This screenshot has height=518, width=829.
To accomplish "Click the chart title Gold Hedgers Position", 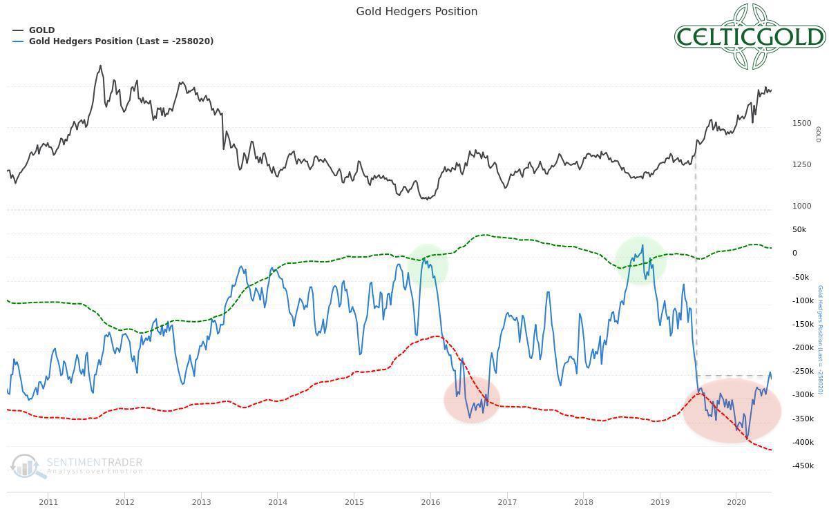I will [x=417, y=12].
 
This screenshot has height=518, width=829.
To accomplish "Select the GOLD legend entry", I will [x=41, y=30].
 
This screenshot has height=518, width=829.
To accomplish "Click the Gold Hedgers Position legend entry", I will [x=121, y=41].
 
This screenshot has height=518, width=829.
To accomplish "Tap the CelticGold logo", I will [x=750, y=37].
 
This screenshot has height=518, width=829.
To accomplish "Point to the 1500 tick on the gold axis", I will [x=802, y=123].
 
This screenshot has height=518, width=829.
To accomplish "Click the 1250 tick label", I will [x=802, y=164].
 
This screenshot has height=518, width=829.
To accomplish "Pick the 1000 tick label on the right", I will [x=802, y=206].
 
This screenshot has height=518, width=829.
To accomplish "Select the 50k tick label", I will [x=799, y=229].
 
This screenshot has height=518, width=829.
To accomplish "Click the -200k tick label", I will [x=803, y=347].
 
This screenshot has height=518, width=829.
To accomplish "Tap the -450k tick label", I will [x=803, y=466].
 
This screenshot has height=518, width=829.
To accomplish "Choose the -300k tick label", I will [x=803, y=394].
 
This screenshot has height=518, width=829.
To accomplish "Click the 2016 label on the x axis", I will [x=430, y=501].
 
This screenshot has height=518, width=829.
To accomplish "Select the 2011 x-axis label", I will [x=48, y=501].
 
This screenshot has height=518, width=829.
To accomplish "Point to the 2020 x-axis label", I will [x=736, y=501].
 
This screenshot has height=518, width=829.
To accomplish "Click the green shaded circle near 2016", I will [x=428, y=266].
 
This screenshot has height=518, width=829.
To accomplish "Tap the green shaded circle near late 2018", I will [x=641, y=260].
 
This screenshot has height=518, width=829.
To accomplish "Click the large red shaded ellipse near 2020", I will [x=732, y=411].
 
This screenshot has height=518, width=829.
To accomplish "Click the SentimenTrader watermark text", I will [x=94, y=463].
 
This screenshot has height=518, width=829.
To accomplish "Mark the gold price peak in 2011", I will [x=101, y=66].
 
